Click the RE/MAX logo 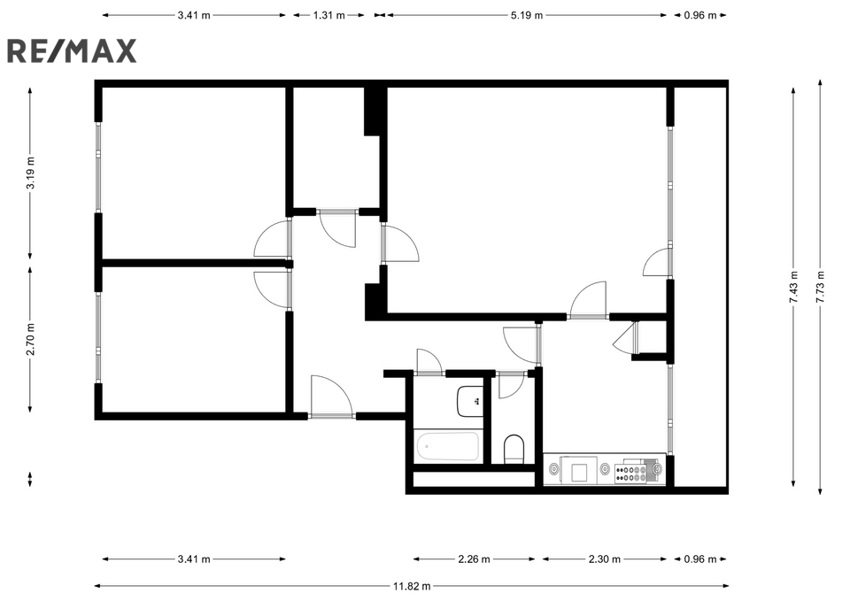(x=72, y=51)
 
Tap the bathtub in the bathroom (x=448, y=447)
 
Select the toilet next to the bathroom (x=514, y=450)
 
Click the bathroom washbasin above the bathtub (x=469, y=401)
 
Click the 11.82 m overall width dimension (x=412, y=586)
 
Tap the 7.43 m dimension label (x=793, y=287)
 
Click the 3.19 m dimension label (x=30, y=173)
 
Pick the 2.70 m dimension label (x=30, y=339)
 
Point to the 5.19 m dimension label (x=526, y=15)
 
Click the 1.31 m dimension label (x=329, y=15)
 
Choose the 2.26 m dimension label (x=474, y=559)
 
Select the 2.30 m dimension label (x=605, y=559)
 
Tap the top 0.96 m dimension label (x=700, y=15)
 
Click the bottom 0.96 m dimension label (x=700, y=559)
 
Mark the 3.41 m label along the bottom (x=194, y=559)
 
